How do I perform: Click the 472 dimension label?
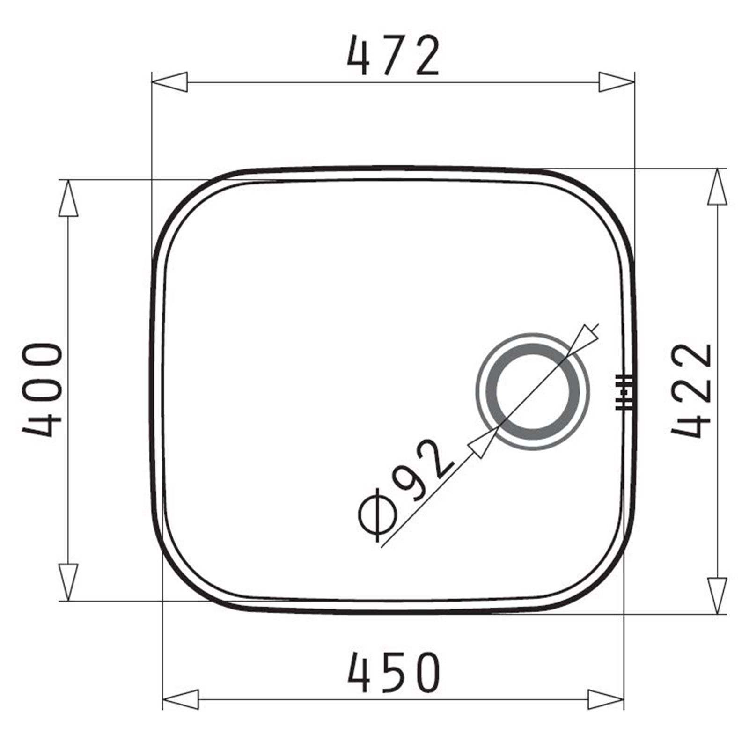pos(394,56)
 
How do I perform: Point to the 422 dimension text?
pos(692,391)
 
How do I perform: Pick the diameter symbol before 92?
pos(378,515)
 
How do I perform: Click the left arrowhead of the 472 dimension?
pos(170,82)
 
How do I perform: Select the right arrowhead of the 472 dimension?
pos(617,82)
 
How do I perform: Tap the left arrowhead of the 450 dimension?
pos(180,700)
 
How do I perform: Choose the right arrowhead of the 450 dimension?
pos(606,700)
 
